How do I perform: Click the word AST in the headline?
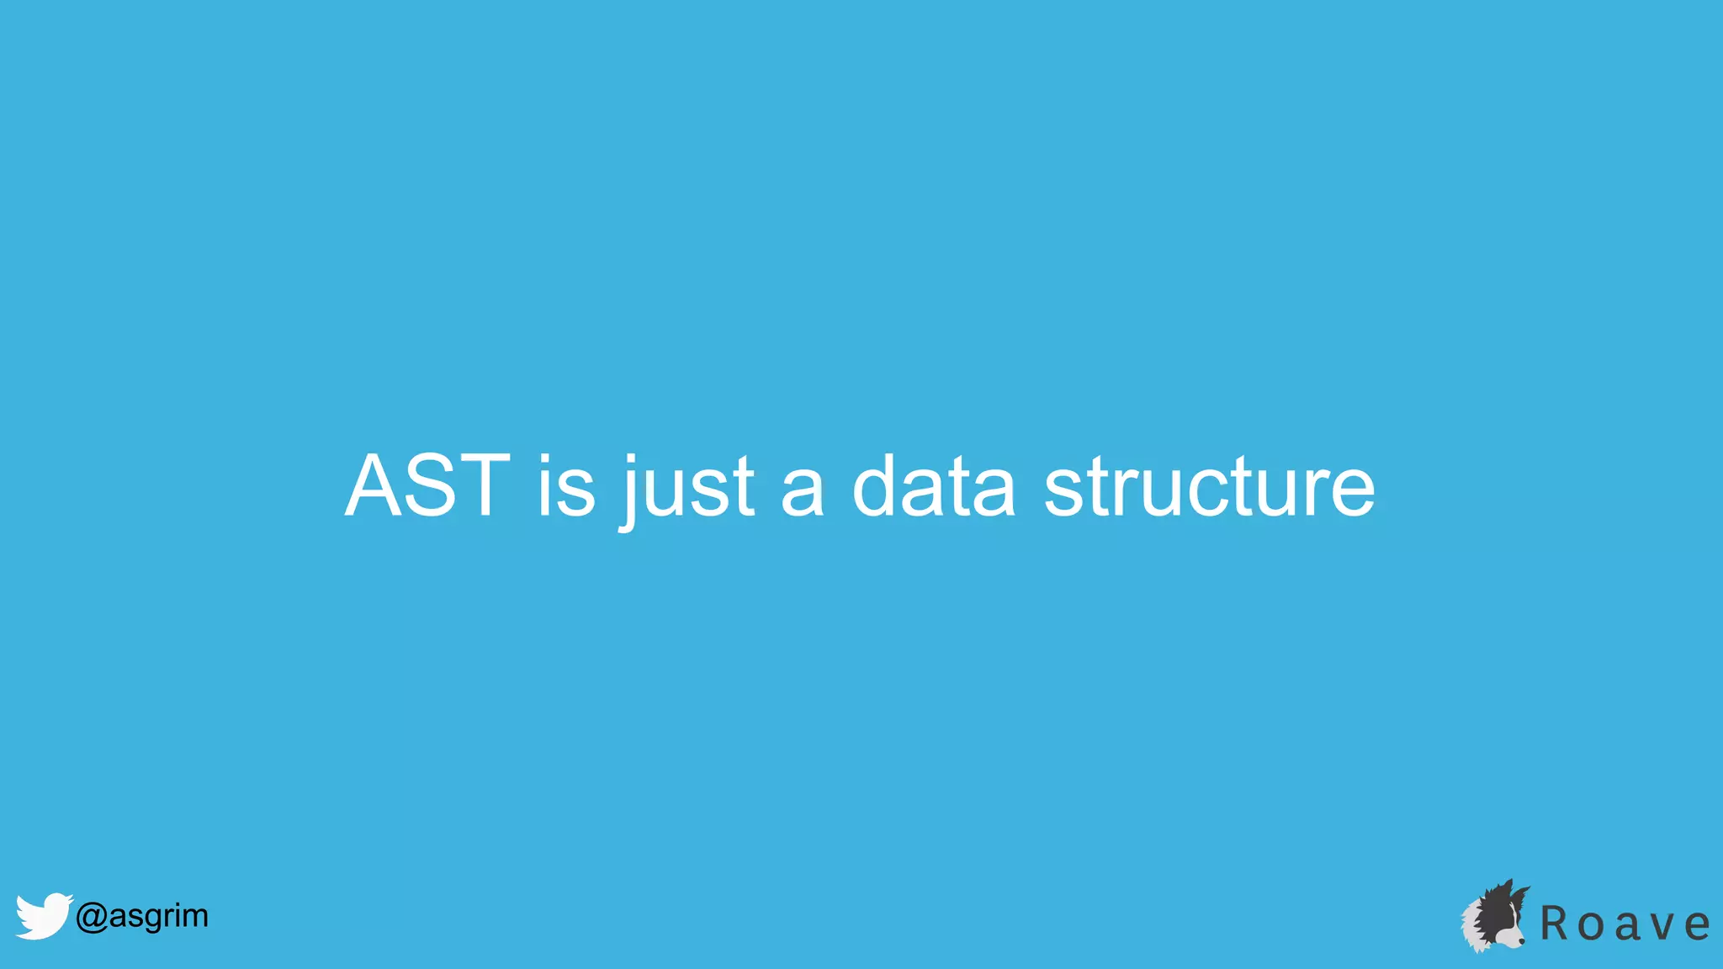tap(427, 486)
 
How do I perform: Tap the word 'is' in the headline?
tap(566, 486)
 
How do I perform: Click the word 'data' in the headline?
tap(934, 486)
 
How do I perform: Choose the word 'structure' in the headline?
tap(1209, 488)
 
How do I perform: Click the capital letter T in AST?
tap(480, 486)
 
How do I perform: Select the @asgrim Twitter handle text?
tap(141, 915)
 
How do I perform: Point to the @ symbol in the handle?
tap(91, 917)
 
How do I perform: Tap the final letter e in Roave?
tap(1698, 927)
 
